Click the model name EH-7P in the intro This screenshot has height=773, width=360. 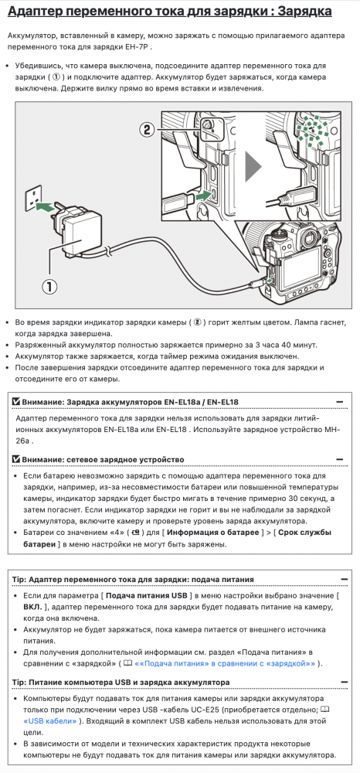[x=140, y=47]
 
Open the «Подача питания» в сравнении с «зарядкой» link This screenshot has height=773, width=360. [x=225, y=663]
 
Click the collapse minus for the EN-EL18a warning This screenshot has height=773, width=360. [x=339, y=402]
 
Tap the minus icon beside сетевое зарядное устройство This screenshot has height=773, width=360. [x=339, y=459]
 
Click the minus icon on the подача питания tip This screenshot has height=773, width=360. [x=344, y=579]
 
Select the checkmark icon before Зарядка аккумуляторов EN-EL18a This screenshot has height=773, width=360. [x=15, y=402]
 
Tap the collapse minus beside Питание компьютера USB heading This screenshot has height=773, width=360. [x=344, y=682]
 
